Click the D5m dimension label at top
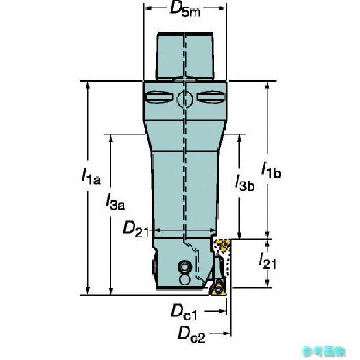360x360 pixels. point(185,10)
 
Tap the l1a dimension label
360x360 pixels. point(91,176)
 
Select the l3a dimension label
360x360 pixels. point(115,202)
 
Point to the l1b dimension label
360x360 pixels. point(271,170)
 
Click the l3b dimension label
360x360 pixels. point(245,183)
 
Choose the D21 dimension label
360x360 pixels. point(136,229)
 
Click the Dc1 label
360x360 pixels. point(184,312)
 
